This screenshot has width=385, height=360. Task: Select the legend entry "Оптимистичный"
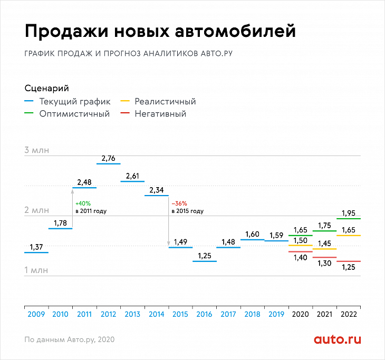click(x=74, y=114)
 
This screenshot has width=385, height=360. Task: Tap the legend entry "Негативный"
click(x=160, y=114)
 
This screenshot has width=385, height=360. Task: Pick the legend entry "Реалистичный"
click(x=165, y=102)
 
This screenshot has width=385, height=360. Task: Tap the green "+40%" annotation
click(x=83, y=203)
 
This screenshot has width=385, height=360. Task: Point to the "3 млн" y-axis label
click(x=36, y=150)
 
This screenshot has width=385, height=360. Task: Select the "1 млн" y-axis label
click(x=36, y=270)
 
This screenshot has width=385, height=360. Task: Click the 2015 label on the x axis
click(x=180, y=314)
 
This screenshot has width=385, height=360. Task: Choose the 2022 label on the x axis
click(x=349, y=314)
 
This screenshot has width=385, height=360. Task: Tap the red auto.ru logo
click(x=338, y=339)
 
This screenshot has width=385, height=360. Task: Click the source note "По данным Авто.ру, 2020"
click(x=69, y=339)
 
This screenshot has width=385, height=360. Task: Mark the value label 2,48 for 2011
click(x=84, y=182)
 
